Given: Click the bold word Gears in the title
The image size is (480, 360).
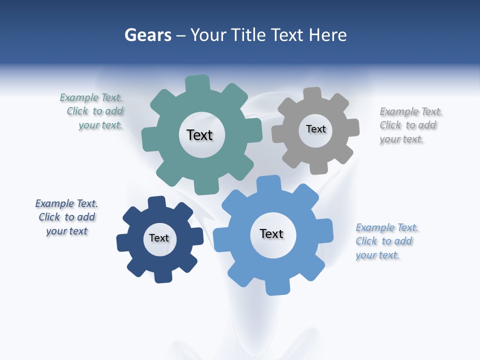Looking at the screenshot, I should tap(147, 35).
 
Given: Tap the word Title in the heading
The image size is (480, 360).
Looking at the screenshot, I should tap(250, 35).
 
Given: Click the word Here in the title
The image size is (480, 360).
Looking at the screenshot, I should tap(327, 35).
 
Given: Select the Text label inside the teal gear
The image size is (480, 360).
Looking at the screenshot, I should tap(199, 135).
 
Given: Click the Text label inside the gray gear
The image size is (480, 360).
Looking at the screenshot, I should tap(315, 129).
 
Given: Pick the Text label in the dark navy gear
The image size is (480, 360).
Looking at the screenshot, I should tap(159, 238).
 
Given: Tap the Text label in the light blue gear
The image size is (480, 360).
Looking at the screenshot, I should tap(271, 233).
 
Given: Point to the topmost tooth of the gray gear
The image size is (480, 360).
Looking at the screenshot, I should tap(312, 94).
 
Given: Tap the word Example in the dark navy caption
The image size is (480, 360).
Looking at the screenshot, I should tap(54, 203).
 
